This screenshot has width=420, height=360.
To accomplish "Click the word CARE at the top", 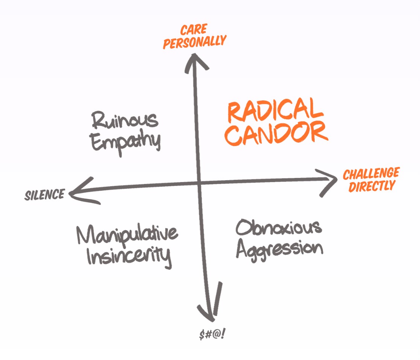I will point(194,30).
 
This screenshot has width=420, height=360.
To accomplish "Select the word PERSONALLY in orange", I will point(194,42).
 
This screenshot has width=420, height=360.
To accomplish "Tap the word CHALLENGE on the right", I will point(371,174).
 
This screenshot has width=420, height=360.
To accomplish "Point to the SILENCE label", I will point(44,195).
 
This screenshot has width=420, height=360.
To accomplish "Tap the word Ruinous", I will point(125,121).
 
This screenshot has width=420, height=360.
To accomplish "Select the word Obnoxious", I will point(278,227).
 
